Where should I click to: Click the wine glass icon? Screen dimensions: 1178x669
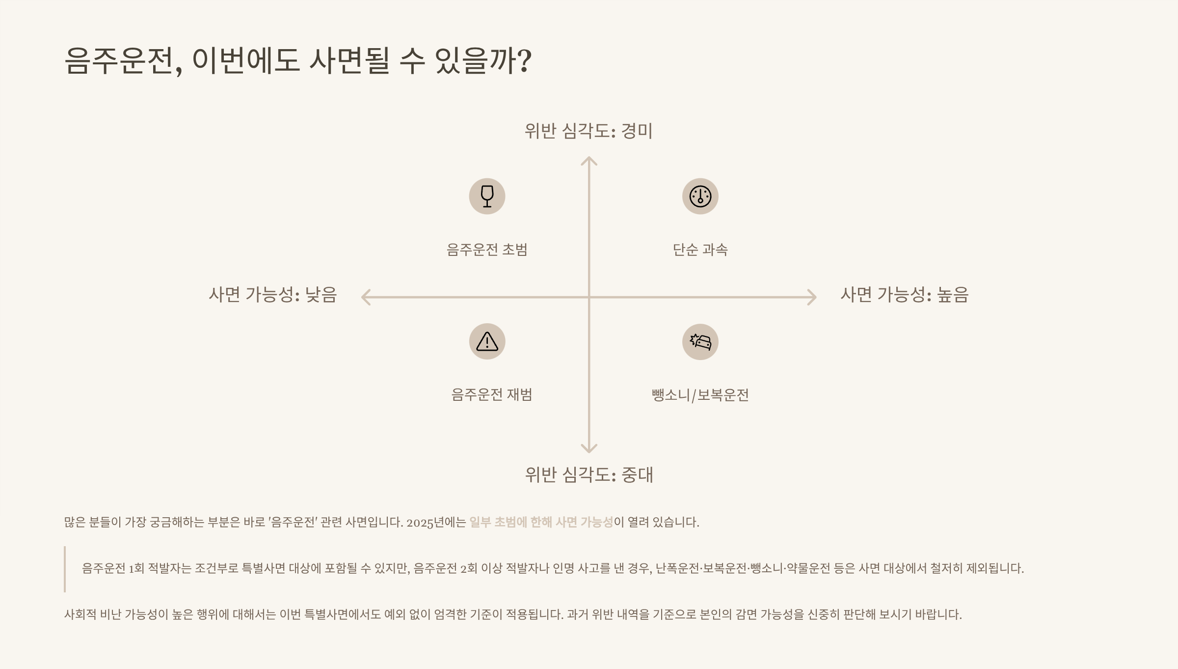[487, 196]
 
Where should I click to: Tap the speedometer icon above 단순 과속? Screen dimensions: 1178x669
[700, 196]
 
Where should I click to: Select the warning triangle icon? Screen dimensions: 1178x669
[487, 341]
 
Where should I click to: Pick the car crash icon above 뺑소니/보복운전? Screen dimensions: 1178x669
[700, 342]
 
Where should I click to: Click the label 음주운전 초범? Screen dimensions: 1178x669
[487, 250]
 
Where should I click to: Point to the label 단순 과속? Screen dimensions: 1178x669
[700, 250]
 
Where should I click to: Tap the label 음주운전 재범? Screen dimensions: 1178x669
[492, 394]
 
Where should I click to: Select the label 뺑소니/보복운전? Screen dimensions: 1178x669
[700, 395]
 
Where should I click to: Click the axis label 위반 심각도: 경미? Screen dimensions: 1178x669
[589, 131]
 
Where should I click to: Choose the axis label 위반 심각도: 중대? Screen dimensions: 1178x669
[589, 474]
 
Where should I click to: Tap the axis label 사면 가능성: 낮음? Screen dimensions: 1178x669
[273, 295]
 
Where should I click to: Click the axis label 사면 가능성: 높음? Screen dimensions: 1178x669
[904, 295]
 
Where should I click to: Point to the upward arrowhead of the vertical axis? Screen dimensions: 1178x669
[589, 160]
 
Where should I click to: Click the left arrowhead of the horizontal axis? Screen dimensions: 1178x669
[365, 297]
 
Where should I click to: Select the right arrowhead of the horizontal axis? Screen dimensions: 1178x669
[813, 297]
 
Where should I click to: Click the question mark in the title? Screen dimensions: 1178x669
[525, 61]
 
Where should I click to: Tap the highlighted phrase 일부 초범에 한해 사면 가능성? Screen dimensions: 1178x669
[541, 522]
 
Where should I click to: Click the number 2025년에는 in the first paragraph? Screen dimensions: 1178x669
[436, 522]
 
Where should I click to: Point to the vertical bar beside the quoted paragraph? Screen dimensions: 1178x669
[65, 569]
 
